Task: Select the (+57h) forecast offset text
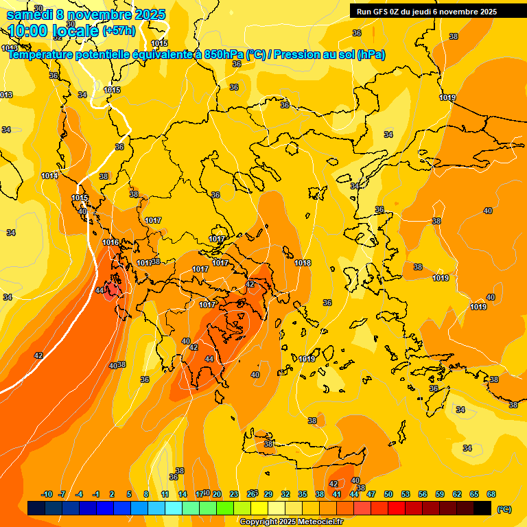click(119, 31)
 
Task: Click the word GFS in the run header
click(384, 12)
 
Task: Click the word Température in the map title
click(44, 55)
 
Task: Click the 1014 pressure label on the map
click(49, 176)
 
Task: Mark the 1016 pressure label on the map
click(110, 242)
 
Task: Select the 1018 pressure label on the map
click(303, 263)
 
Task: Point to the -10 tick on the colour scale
click(47, 494)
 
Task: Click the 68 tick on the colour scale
click(491, 494)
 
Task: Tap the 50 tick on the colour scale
click(388, 494)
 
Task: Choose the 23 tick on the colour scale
click(233, 494)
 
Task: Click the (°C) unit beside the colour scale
click(504, 508)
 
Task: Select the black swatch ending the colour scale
click(482, 508)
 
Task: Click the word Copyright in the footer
click(259, 522)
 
